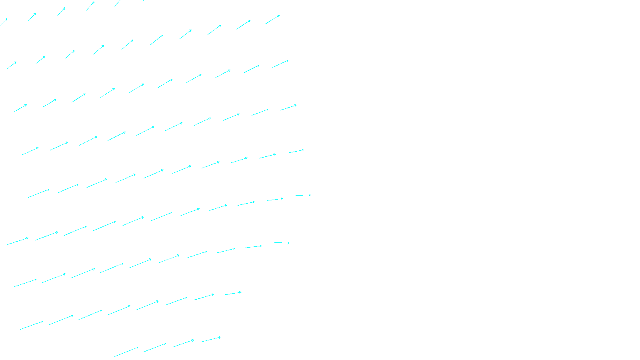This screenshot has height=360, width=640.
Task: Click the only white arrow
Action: (4, 22)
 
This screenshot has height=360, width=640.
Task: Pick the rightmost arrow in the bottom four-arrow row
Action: (211, 340)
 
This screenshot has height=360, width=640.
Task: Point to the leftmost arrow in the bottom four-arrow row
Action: (126, 352)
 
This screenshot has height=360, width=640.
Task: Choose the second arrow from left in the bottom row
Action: (155, 347)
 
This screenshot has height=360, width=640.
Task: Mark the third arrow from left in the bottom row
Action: (183, 343)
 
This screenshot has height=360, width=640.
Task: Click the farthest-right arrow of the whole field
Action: (303, 195)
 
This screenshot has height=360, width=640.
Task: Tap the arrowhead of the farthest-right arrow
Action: (310, 195)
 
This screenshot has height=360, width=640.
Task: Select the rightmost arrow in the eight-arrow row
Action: (232, 294)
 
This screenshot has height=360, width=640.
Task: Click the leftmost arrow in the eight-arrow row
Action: (31, 326)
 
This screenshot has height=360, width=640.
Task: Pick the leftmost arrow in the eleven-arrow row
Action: (17, 242)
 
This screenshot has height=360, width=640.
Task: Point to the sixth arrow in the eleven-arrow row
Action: (162, 216)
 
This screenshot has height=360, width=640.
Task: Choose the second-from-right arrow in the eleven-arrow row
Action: (275, 199)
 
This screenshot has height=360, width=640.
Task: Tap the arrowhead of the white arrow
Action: (7, 19)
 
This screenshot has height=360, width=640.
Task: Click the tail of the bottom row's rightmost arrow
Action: (202, 342)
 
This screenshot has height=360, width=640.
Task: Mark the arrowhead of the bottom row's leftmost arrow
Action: (138, 348)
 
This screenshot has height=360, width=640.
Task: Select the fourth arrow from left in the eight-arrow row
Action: (119, 310)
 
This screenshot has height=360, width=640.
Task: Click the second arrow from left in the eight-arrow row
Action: (61, 320)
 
